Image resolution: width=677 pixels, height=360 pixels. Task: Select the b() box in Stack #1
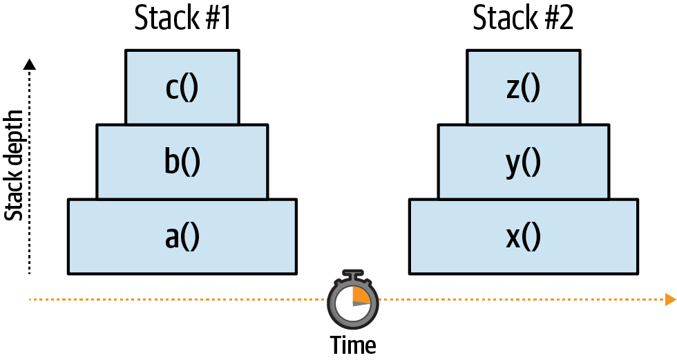(x=182, y=162)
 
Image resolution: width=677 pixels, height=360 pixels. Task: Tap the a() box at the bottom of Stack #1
(x=182, y=236)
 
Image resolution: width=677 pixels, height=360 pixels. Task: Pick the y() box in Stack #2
(x=524, y=162)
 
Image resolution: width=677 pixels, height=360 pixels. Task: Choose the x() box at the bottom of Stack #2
(x=524, y=236)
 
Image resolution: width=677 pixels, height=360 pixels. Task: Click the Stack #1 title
(x=182, y=19)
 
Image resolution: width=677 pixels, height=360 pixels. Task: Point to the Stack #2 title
(x=523, y=19)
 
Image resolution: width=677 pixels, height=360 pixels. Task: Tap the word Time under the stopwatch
(x=352, y=344)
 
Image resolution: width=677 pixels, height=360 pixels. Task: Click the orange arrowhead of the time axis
(x=669, y=299)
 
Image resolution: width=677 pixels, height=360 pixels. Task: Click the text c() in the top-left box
(x=182, y=88)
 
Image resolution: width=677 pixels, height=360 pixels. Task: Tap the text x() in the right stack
(x=524, y=236)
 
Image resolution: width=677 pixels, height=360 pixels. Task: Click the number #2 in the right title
(x=558, y=19)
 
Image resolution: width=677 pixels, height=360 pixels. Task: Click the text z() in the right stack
(x=524, y=88)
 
